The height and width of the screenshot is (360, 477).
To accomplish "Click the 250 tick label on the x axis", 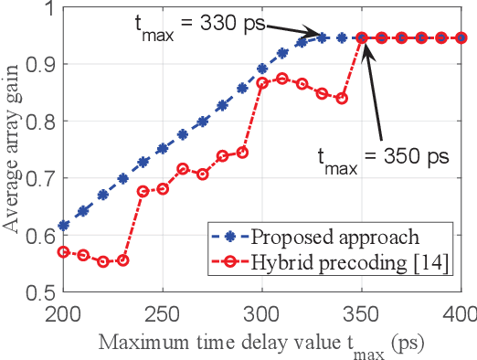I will [162, 313].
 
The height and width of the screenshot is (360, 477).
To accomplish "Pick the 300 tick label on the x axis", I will [261, 313].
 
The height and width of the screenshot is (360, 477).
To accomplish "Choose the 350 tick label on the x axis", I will [362, 313].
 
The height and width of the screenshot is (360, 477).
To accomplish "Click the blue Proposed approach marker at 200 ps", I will [63, 225].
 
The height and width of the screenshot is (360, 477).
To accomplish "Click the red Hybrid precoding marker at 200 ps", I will [63, 251].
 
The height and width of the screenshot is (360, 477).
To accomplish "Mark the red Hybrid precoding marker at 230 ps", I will [123, 260].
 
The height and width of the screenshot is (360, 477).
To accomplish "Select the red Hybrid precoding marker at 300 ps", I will [262, 83].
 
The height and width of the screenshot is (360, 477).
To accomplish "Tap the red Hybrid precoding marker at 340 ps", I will [342, 98].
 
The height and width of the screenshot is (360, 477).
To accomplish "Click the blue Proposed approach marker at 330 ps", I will [322, 37].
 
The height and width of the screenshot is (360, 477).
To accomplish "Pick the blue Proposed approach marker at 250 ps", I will [163, 148].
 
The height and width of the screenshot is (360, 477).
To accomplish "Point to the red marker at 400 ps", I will [461, 37].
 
